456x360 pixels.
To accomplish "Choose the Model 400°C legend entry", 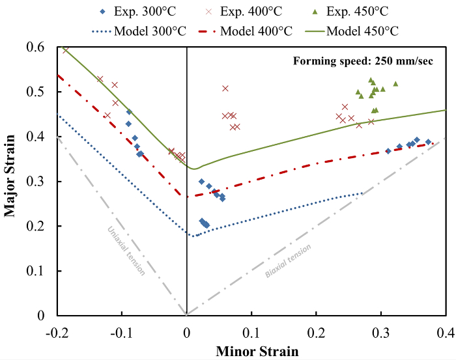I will [253, 31].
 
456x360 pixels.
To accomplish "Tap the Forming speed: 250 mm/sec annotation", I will [365, 62].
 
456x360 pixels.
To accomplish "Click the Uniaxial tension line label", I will [127, 251].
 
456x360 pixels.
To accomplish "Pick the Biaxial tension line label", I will [288, 261].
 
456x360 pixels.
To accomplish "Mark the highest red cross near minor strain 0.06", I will [225, 88].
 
